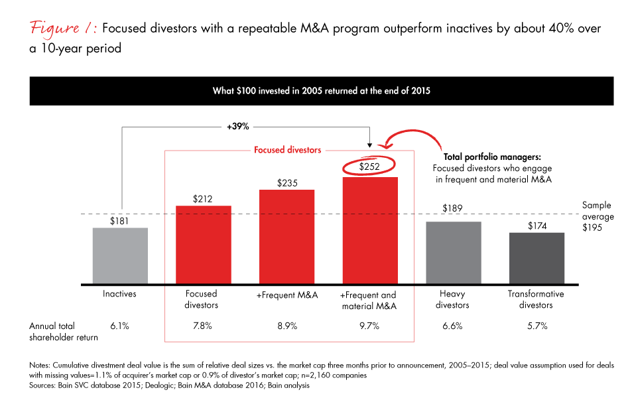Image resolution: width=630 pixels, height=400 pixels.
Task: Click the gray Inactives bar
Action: tap(120, 256)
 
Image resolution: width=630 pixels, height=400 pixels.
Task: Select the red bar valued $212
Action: tap(203, 245)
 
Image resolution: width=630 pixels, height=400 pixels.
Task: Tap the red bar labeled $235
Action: tap(286, 237)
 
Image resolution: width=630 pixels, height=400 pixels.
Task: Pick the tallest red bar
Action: tap(369, 230)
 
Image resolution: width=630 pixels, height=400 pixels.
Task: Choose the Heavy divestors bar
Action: tap(453, 253)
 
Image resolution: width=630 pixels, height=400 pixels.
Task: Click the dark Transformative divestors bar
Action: tap(536, 259)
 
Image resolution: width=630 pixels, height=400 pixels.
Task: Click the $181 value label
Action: tap(120, 221)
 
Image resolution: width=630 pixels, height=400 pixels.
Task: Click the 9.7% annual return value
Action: tap(369, 326)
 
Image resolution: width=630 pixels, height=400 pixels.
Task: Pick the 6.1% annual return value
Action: tap(120, 326)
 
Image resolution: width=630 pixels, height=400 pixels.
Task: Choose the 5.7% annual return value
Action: tap(536, 326)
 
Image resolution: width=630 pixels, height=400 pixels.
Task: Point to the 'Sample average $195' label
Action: tap(598, 217)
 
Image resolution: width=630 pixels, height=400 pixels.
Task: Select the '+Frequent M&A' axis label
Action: tap(286, 294)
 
